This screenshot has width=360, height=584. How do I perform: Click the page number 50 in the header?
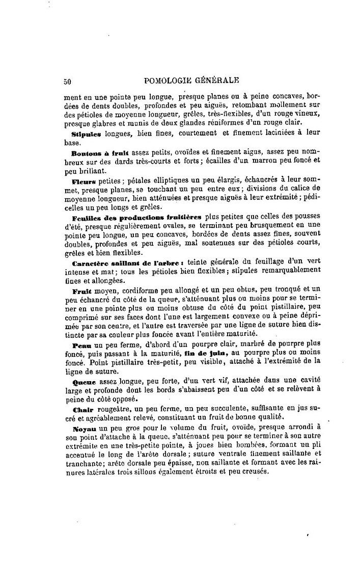point(67,81)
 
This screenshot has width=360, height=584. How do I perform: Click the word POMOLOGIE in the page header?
point(170,80)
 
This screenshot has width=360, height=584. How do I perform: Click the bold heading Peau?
point(81,345)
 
